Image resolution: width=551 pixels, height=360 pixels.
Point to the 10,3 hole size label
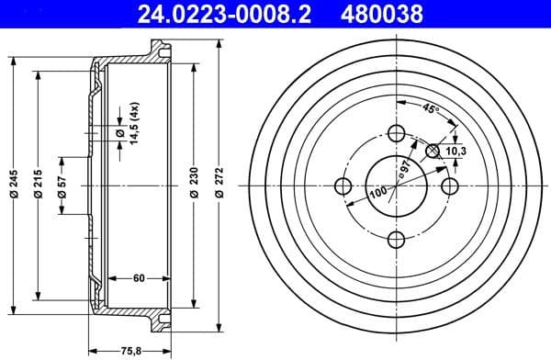click(455, 151)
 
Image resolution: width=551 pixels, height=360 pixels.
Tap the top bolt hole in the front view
click(397, 132)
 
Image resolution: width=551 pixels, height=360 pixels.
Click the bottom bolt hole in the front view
click(397, 240)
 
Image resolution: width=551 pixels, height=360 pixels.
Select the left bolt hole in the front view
click(343, 186)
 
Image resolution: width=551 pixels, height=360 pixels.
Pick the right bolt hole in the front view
click(450, 186)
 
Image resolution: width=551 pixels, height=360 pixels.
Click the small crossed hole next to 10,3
click(434, 149)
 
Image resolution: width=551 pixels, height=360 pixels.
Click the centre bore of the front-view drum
click(397, 186)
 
